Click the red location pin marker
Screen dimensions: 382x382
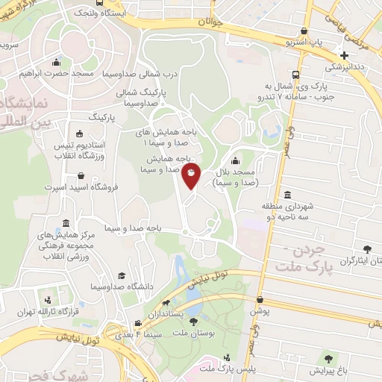click(x=192, y=176)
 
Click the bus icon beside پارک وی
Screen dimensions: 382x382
click(x=296, y=75)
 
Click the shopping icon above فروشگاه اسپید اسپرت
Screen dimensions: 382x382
click(x=81, y=176)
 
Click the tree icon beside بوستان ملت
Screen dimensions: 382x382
click(x=194, y=322)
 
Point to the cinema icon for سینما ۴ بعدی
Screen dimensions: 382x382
click(x=138, y=323)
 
